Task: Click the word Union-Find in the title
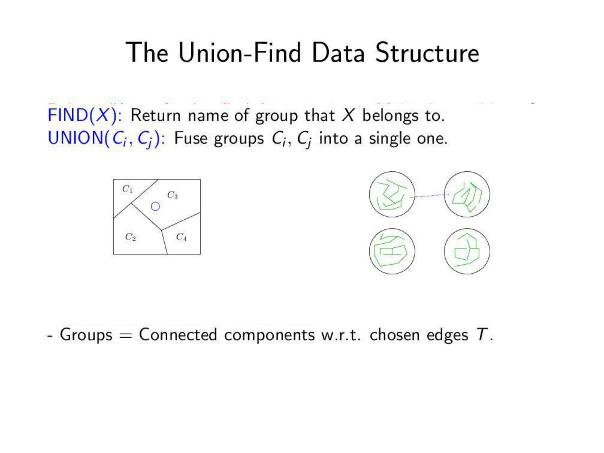click(x=239, y=53)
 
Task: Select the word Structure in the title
click(x=427, y=53)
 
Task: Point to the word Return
click(x=155, y=115)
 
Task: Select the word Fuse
click(x=191, y=138)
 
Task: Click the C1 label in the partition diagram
click(x=127, y=189)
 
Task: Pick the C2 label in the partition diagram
click(x=130, y=237)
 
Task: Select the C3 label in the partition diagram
click(x=173, y=195)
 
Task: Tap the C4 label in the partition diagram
click(x=181, y=237)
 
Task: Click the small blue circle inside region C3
click(x=155, y=206)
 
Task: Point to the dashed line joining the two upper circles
click(x=429, y=196)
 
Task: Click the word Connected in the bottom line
click(x=178, y=335)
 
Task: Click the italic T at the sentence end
click(x=482, y=335)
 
